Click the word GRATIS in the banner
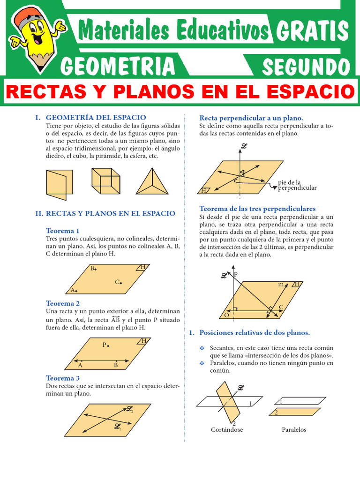click(312, 31)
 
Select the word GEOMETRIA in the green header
click(118, 66)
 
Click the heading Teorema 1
click(62, 231)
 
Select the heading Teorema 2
click(63, 303)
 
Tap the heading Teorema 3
click(63, 378)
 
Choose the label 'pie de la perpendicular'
click(297, 185)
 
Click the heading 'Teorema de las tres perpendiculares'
click(257, 209)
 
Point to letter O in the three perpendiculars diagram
click(226, 315)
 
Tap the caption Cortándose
click(227, 429)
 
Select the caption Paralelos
click(294, 429)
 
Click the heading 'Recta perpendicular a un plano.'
click(251, 118)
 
